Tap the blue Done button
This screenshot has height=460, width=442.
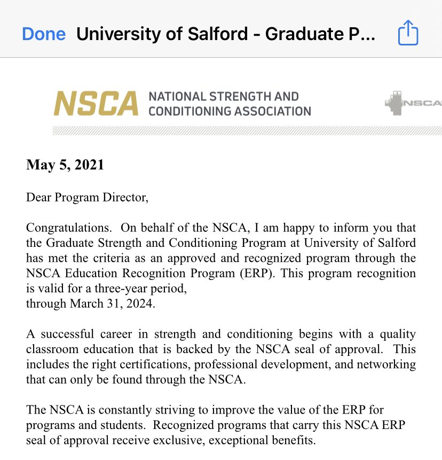(x=44, y=34)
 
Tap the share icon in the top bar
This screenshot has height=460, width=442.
(x=408, y=34)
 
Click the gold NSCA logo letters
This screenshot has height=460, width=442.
(x=96, y=104)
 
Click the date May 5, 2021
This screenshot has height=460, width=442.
(x=65, y=165)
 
